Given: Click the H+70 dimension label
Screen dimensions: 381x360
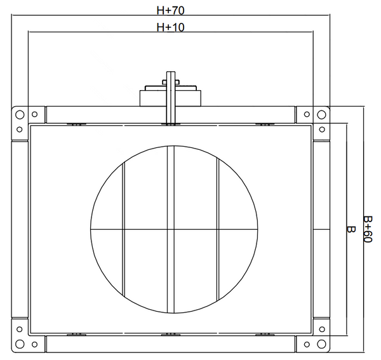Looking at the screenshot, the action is click(170, 10).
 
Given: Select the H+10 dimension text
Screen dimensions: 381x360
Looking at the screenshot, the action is click(170, 27).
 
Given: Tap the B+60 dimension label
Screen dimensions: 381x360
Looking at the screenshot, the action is click(368, 229).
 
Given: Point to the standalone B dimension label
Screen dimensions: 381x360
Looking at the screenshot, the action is click(351, 229).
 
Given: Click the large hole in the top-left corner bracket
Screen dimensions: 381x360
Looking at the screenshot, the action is click(20, 114).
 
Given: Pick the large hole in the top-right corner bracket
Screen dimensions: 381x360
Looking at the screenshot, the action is click(321, 114).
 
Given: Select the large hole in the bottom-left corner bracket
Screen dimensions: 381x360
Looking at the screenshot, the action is click(20, 344).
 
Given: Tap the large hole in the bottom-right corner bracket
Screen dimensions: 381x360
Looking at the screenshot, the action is click(321, 344).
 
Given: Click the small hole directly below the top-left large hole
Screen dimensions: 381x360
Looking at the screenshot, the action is click(20, 130).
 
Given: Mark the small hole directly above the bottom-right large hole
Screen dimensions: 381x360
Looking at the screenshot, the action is click(322, 329).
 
